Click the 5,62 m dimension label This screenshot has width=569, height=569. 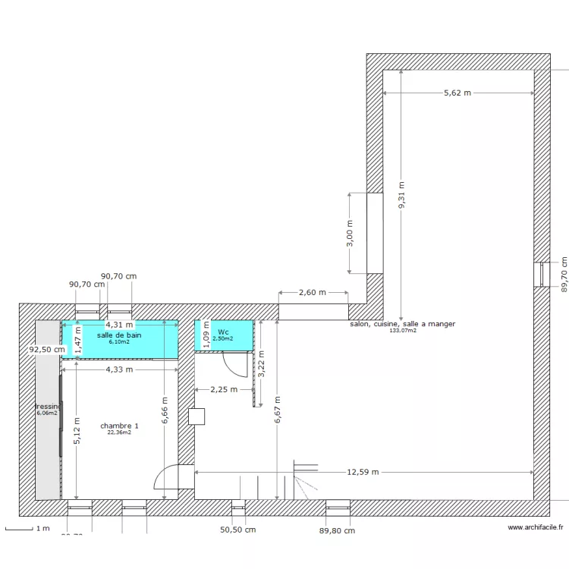(457, 93)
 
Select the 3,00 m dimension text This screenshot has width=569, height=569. (349, 233)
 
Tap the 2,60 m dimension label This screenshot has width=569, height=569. (312, 292)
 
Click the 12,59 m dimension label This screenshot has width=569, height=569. (363, 472)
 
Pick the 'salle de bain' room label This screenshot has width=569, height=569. (119, 335)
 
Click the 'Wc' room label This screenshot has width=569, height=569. (223, 332)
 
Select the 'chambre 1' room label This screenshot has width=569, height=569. (119, 426)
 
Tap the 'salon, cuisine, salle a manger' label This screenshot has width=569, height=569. (402, 324)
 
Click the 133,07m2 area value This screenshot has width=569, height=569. (402, 331)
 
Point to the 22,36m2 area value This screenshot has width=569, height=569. (119, 432)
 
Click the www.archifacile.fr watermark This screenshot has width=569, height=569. (536, 528)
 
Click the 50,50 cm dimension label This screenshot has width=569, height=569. (237, 530)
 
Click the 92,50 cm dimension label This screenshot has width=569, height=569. (47, 351)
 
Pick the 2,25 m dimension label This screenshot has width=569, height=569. (224, 389)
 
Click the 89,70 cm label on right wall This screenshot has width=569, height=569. (564, 273)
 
